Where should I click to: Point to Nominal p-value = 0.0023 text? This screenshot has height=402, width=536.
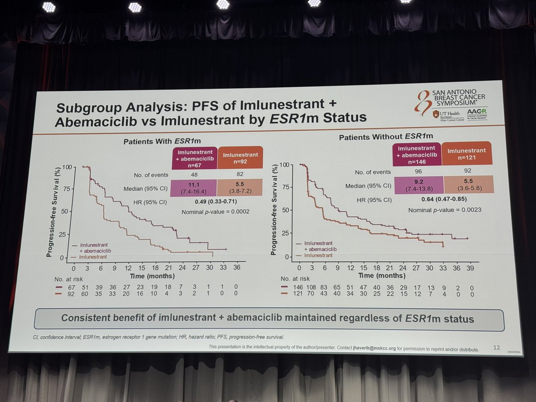[x=445, y=209]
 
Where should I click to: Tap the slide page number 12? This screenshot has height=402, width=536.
[x=497, y=346]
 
